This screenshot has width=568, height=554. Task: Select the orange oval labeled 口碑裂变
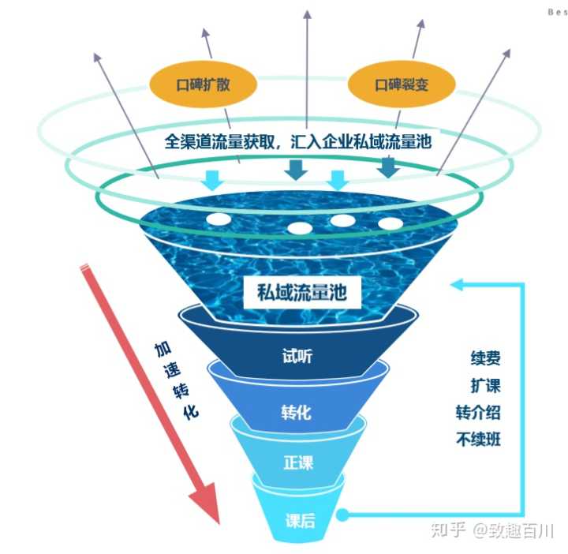(402, 84)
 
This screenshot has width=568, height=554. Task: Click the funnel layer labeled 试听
(297, 356)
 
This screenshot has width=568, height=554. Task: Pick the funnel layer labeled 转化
(297, 411)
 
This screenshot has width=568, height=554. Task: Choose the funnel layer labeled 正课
(297, 462)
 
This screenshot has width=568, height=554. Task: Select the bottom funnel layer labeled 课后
(300, 519)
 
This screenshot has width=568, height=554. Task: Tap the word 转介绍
(479, 413)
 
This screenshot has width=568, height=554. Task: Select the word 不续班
(479, 440)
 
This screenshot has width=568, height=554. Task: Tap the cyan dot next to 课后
(342, 516)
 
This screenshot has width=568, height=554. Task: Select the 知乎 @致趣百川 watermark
(491, 529)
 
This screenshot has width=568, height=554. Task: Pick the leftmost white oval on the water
(219, 219)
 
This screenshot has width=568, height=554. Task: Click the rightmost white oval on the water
(390, 223)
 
